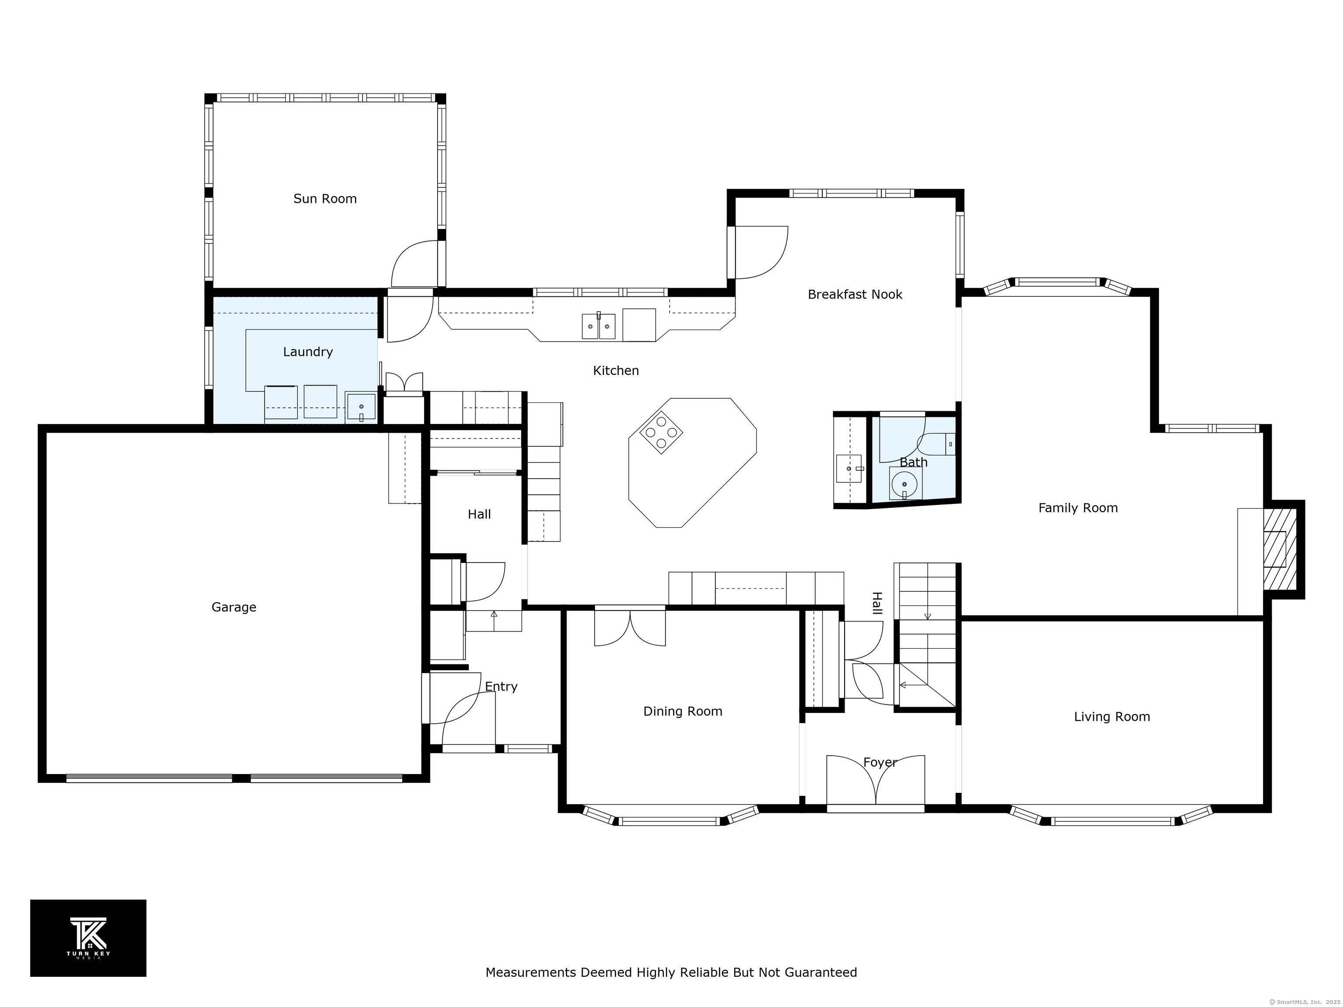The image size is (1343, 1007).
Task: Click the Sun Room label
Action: pos(325,198)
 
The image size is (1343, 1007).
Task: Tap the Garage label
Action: pos(234,607)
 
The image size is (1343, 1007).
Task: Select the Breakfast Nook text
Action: pos(855,295)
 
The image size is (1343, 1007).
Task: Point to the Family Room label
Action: pos(1078,508)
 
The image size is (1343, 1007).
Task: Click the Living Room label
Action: pos(1112,717)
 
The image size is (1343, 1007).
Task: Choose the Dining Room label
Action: pos(682,712)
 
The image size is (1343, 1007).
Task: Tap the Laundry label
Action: pos(308,352)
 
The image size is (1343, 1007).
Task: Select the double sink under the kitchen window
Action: pos(598,326)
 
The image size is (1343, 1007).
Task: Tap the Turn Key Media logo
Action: pos(88,938)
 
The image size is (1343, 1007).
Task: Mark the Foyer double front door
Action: pos(876,783)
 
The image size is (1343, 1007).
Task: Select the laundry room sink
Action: pos(361,406)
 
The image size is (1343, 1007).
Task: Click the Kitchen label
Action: pos(616,370)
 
